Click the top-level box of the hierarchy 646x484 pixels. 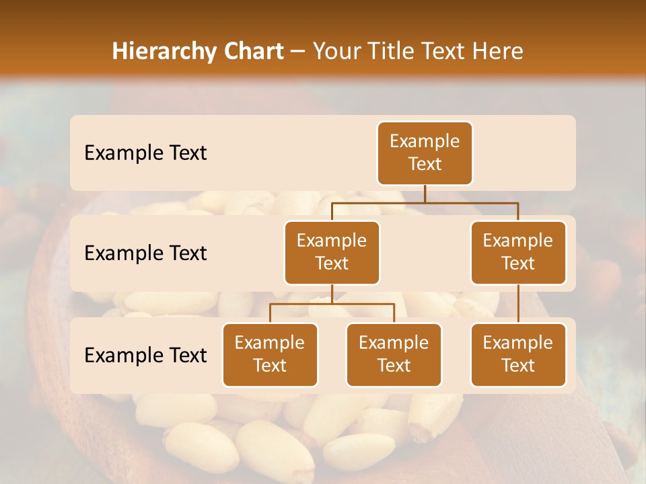[x=425, y=153]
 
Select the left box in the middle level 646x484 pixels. [x=332, y=252]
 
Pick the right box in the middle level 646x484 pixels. [x=518, y=252]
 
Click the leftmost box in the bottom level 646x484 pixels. [x=270, y=354]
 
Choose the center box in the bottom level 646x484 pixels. [x=394, y=354]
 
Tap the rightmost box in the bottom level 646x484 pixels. [x=518, y=354]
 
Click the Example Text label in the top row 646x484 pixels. [x=145, y=153]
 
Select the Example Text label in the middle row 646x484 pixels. [x=145, y=253]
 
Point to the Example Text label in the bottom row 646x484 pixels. [x=145, y=355]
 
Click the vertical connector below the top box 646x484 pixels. [x=425, y=194]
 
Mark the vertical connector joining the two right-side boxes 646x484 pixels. [x=518, y=303]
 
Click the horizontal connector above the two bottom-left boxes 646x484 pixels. [x=332, y=304]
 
